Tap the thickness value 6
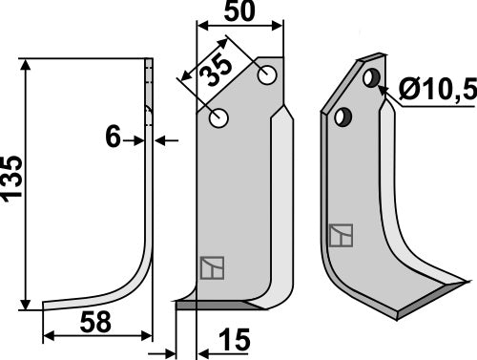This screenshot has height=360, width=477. click(113, 139)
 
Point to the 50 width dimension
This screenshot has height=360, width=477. click(238, 13)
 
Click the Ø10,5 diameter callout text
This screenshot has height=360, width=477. click(435, 92)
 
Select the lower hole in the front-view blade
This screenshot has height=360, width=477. click(220, 118)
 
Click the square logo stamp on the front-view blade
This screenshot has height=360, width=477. click(211, 268)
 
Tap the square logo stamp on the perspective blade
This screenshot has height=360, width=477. click(340, 235)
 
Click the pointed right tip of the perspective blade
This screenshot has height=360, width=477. click(469, 281)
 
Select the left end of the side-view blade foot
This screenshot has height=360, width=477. click(46, 307)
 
